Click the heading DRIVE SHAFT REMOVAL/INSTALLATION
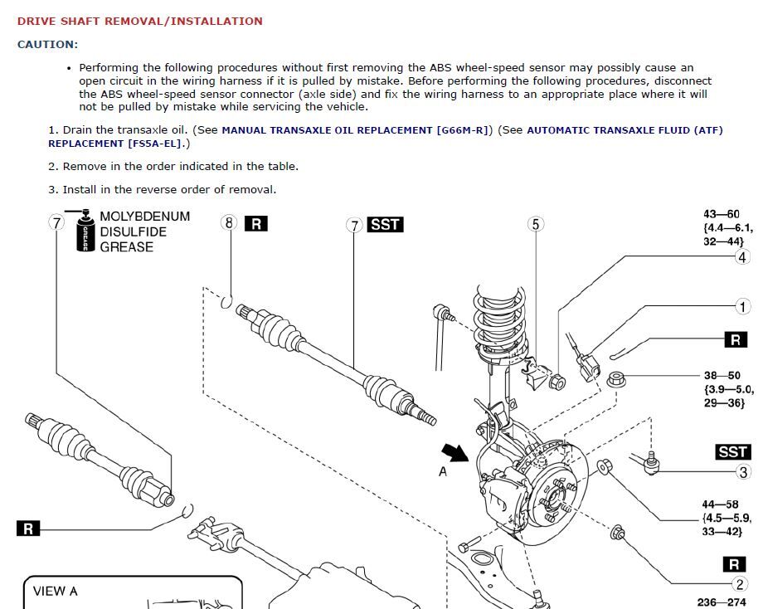139,21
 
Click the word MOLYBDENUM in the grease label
144,217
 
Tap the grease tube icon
84,232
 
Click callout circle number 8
229,222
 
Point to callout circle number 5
535,224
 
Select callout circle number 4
741,257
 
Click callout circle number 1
742,307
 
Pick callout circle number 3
743,472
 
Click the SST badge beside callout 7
385,225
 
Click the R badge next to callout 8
255,223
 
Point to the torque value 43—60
721,215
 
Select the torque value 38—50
722,376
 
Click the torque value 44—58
721,504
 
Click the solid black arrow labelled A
454,451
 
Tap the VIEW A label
56,592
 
